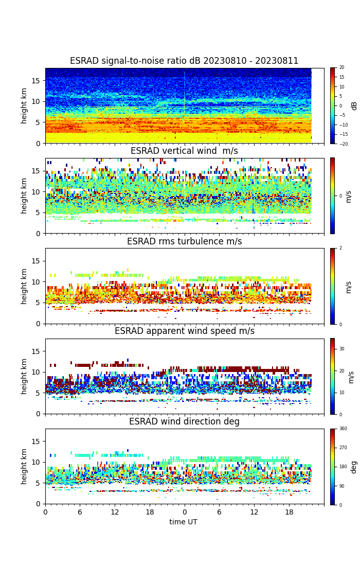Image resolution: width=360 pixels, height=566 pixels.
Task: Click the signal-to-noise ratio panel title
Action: (184, 61)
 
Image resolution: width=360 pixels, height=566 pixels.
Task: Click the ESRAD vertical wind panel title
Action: (184, 151)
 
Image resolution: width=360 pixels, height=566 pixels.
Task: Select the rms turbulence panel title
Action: (184, 242)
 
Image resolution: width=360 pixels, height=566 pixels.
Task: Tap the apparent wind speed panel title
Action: (184, 331)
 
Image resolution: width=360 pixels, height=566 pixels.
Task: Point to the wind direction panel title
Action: (184, 422)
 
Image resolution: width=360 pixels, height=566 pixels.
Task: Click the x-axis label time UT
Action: (184, 522)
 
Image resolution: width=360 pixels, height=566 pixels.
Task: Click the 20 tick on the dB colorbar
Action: (341, 68)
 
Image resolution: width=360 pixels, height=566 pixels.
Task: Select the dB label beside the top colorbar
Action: (354, 105)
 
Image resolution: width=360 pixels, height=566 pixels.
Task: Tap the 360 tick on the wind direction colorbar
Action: (343, 429)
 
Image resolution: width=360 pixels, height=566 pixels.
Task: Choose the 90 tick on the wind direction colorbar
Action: (341, 486)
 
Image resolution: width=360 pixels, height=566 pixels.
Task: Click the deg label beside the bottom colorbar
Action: (354, 467)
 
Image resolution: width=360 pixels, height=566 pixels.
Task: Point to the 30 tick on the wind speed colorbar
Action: (341, 349)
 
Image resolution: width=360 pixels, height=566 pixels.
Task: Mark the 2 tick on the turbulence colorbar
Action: (340, 248)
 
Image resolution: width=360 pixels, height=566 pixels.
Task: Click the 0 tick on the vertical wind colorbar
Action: (340, 196)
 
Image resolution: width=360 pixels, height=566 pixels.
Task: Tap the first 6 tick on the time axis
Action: (80, 512)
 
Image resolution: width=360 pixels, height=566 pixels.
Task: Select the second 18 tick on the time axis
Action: (289, 512)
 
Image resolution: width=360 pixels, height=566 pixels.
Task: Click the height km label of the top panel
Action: (24, 105)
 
